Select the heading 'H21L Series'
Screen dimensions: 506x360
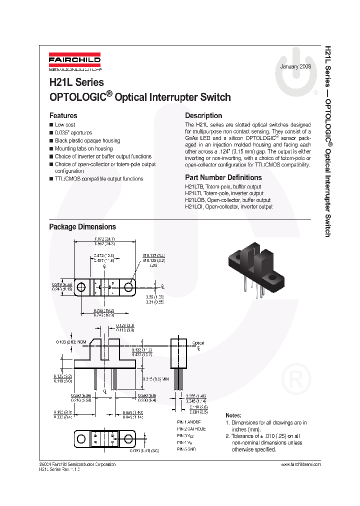76,82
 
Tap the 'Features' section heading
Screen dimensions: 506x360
63,115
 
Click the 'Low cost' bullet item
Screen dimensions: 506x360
65,124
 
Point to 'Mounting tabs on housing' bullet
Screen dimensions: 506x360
83,148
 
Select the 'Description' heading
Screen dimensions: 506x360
203,115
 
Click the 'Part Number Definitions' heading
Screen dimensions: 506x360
223,177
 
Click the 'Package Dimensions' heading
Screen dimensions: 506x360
82,227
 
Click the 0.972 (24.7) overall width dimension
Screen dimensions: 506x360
105,239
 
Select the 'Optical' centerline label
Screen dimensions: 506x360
198,343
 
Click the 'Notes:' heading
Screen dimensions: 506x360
233,415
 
